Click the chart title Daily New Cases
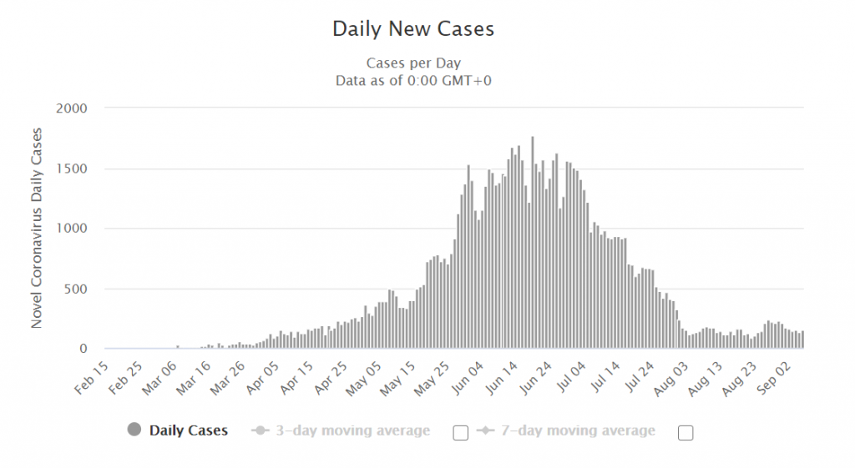(413, 28)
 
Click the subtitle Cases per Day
(413, 63)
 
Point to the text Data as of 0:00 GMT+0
(413, 81)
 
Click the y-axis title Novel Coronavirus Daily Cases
(37, 228)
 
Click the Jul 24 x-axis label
(647, 378)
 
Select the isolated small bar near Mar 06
(177, 346)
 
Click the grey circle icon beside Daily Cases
(134, 430)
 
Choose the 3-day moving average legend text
(352, 430)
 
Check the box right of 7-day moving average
(686, 432)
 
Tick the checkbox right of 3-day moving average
(459, 432)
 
